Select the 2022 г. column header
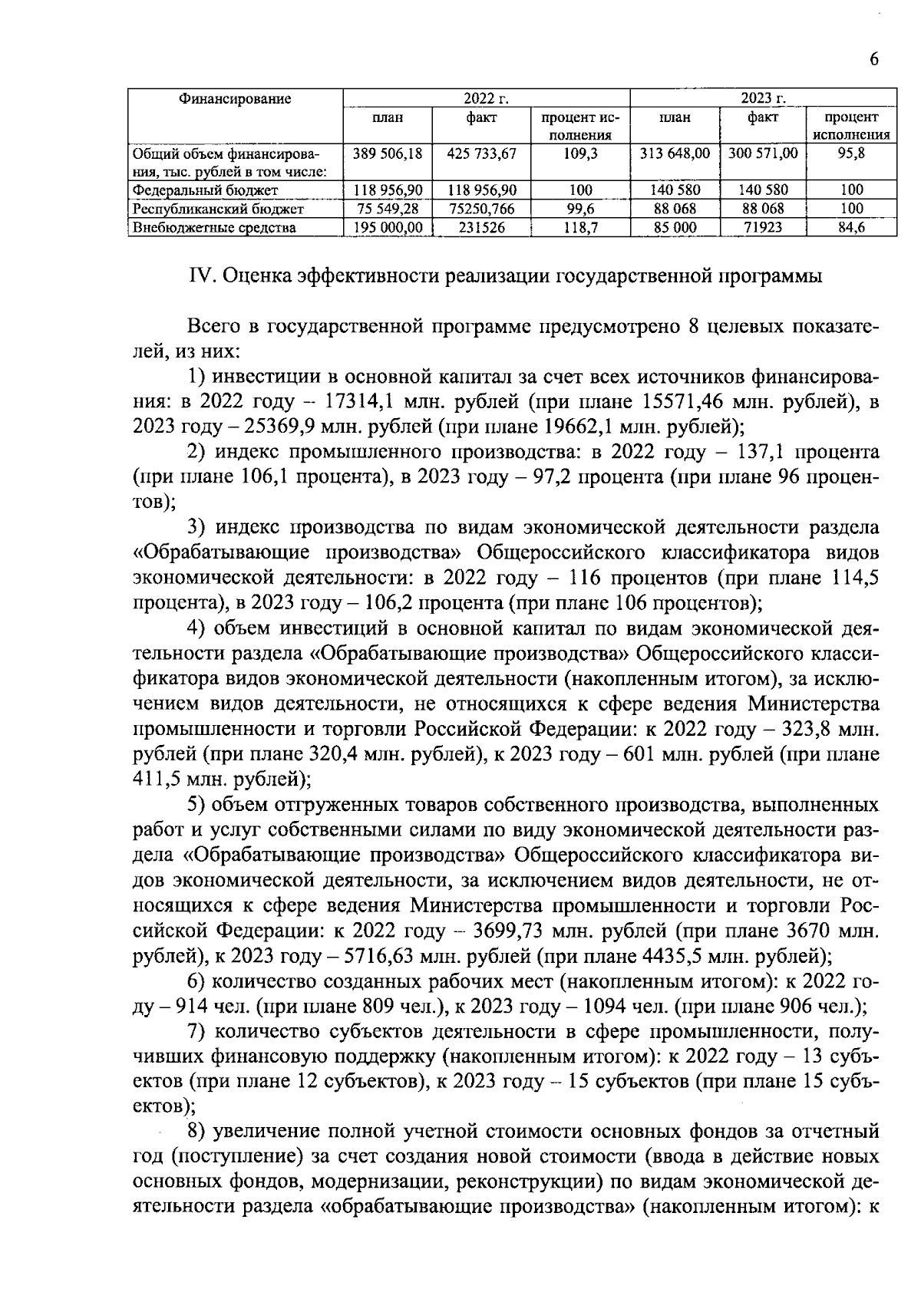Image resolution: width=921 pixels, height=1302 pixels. point(487,98)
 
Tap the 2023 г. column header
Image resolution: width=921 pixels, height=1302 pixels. point(763,98)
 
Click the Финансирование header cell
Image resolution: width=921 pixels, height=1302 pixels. point(235,98)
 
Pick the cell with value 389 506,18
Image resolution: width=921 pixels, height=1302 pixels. point(388,153)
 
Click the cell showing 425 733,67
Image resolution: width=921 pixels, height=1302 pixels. point(481,153)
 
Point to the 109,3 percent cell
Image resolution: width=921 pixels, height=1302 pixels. point(580,153)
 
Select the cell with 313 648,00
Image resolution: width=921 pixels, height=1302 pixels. point(675,153)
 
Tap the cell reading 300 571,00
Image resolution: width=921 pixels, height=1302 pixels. point(763,153)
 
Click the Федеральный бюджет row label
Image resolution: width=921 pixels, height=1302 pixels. point(205,190)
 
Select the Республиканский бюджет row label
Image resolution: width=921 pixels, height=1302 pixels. point(218,209)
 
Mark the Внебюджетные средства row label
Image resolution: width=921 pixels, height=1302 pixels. point(214,227)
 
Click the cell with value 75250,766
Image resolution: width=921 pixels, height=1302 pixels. point(481,209)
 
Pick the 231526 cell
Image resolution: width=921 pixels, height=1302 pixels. point(481,227)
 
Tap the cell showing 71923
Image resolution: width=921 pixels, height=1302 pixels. point(763,227)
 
